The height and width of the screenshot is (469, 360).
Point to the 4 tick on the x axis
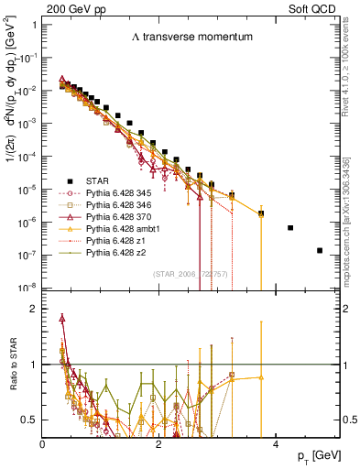pos(275,442)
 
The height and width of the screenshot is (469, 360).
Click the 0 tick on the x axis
pos(43,442)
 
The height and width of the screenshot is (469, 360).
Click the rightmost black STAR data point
pos(320,250)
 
